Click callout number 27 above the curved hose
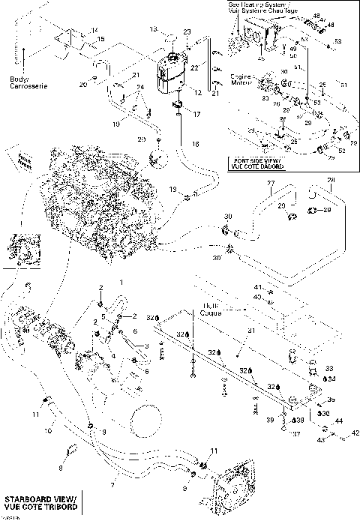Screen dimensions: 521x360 (x=272, y=183)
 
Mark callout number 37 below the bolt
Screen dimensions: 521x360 (x=296, y=433)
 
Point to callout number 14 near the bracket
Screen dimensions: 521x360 (x=94, y=29)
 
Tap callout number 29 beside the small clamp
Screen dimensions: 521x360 (x=327, y=211)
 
